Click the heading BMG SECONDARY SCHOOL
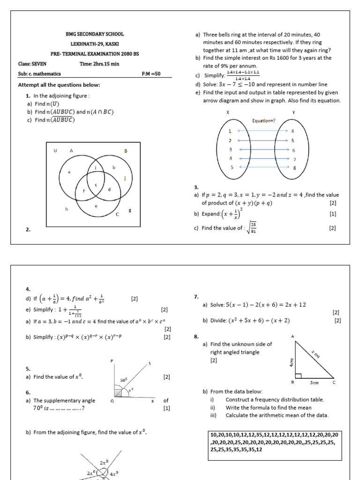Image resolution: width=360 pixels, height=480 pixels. (x=95, y=34)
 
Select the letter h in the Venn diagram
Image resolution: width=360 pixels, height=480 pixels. (x=67, y=209)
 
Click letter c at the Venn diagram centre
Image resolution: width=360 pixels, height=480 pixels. (x=96, y=185)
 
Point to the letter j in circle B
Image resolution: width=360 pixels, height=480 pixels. (x=125, y=178)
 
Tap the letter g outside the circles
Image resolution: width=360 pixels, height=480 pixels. (x=129, y=210)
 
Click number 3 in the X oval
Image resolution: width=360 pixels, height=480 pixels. (x=230, y=149)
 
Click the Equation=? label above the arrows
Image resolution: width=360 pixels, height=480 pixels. (x=263, y=120)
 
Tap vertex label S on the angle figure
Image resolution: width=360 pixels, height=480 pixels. (x=150, y=364)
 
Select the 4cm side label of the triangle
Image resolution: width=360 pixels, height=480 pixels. (x=291, y=361)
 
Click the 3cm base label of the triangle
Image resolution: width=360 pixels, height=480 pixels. (x=314, y=382)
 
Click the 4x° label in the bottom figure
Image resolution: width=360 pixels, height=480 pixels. (x=114, y=473)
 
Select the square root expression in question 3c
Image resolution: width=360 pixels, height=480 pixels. (x=253, y=228)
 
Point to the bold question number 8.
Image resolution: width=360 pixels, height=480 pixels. (x=196, y=336)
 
